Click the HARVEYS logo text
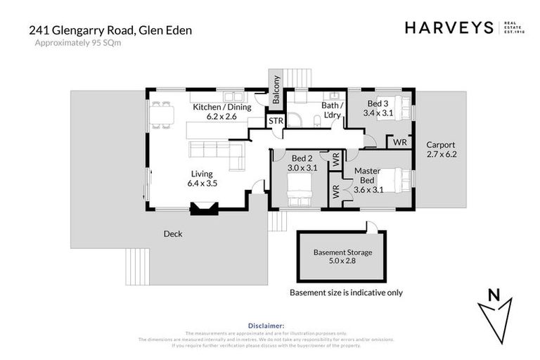[449, 27]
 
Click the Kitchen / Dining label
[217, 112]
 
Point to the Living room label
[202, 178]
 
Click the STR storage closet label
[276, 122]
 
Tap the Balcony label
[276, 90]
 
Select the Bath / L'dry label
[330, 110]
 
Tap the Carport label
[442, 149]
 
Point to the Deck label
[172, 234]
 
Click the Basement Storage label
[342, 257]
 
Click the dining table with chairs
[164, 114]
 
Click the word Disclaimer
[269, 326]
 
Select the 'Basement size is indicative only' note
[347, 292]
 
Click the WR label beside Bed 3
[399, 142]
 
